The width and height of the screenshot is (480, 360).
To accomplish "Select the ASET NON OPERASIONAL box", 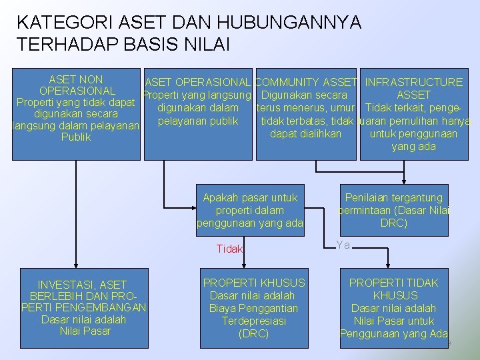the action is coord(76,113).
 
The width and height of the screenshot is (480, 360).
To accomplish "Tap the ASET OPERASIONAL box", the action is coord(197,113).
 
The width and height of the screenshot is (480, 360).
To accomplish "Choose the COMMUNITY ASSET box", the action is coord(306,113).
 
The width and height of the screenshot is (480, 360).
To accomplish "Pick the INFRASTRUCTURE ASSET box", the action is coord(413,113).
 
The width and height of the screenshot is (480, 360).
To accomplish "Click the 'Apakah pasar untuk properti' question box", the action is coord(250,210).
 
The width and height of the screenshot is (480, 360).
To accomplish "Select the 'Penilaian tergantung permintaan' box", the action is coord(393,210).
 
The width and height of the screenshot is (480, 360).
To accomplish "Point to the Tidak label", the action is coord(230,249).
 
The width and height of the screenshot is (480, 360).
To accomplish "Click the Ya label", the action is coord(343,245).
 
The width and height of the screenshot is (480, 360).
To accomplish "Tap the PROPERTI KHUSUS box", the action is coord(254,308).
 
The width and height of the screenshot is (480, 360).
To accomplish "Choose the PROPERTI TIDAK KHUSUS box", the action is coord(393,308).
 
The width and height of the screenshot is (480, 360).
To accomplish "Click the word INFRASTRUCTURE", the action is coord(413,82).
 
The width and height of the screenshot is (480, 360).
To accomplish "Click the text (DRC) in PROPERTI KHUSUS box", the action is coord(253,333).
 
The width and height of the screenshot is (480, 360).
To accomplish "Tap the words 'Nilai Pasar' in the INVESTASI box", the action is coord(85,331).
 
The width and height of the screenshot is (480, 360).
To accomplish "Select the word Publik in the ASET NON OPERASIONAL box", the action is coord(76,137).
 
